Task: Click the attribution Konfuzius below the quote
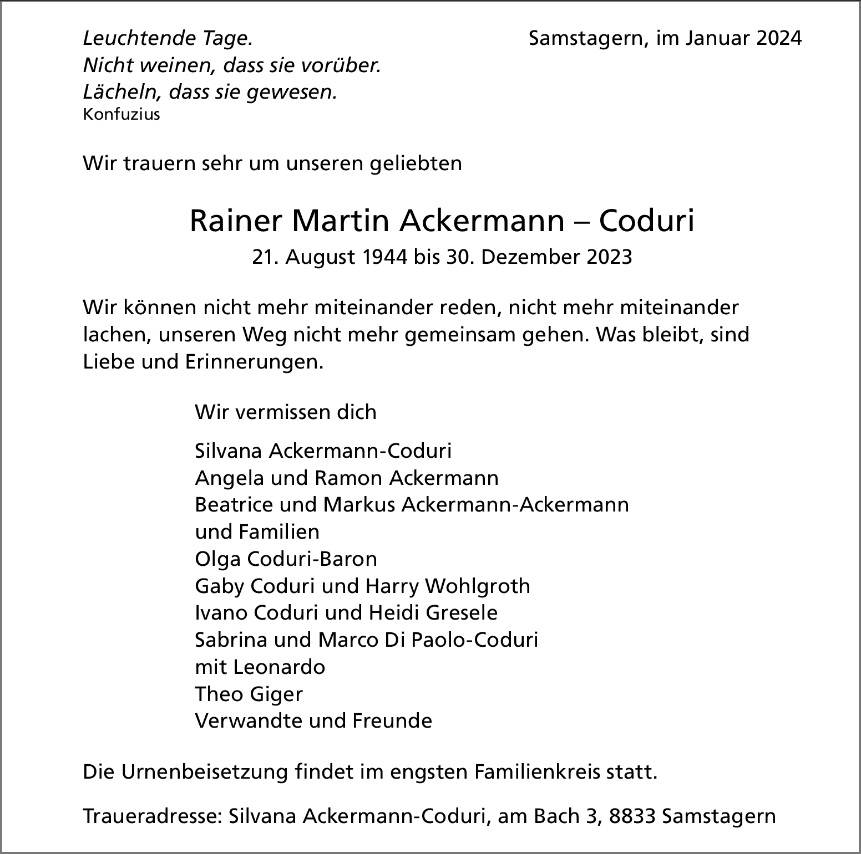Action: coord(121,114)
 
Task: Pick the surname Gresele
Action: coord(462,612)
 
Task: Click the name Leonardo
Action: coord(278,666)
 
